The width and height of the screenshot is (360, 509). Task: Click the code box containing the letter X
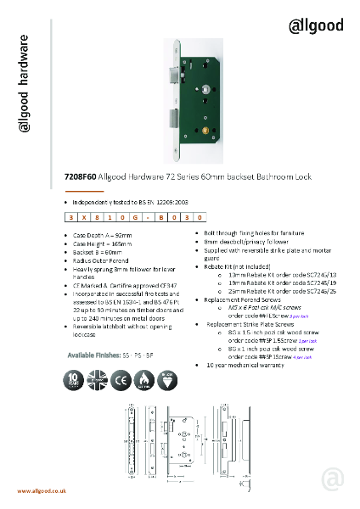point(87,217)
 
